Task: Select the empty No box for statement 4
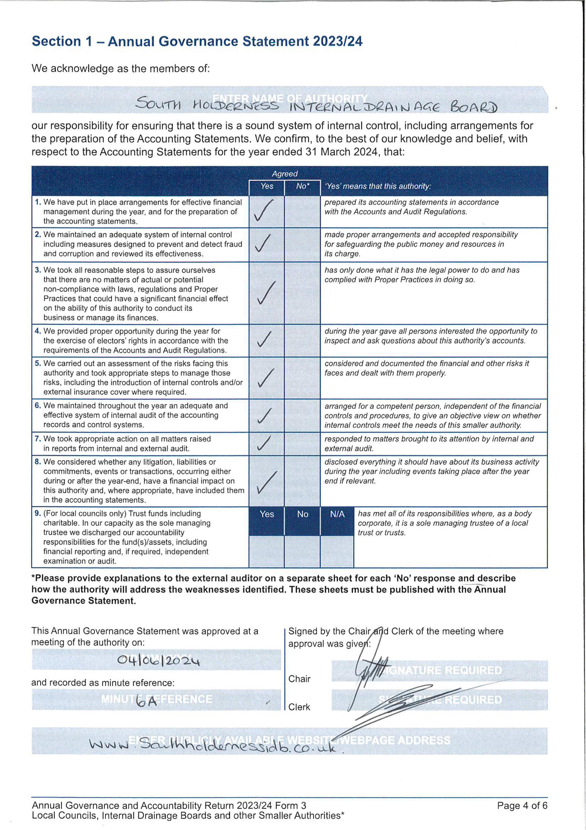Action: pyautogui.click(x=302, y=340)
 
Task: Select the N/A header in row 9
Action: pyautogui.click(x=337, y=514)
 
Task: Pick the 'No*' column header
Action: pyautogui.click(x=302, y=186)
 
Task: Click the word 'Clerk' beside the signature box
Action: pyautogui.click(x=299, y=707)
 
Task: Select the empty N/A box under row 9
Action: pyautogui.click(x=337, y=551)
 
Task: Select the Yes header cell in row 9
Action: pyautogui.click(x=267, y=514)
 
